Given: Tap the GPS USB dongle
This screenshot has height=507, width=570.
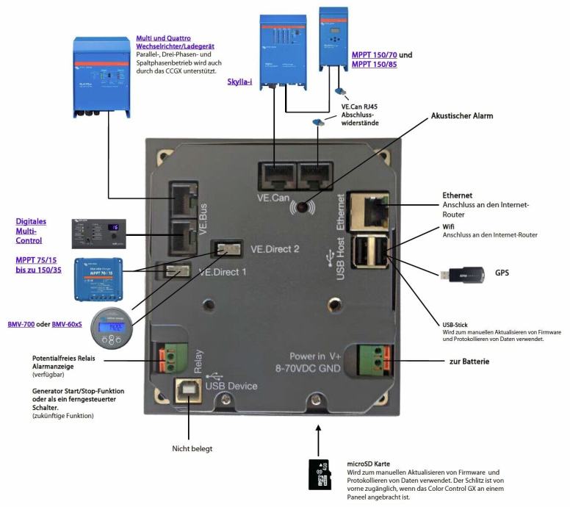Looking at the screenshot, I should pyautogui.click(x=462, y=275).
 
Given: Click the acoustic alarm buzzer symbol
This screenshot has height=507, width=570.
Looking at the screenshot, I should pyautogui.click(x=302, y=207).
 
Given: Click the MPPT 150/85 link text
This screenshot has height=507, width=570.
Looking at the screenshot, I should pyautogui.click(x=374, y=65).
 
